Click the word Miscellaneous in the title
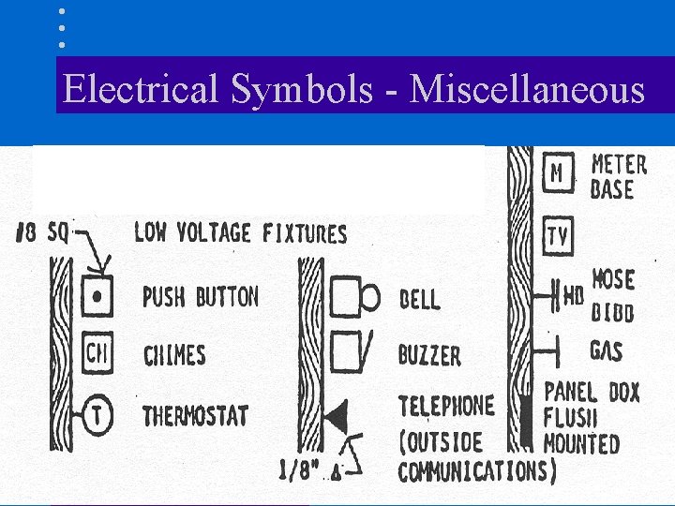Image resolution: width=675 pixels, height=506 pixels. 528,90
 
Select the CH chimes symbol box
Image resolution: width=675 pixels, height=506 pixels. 97,354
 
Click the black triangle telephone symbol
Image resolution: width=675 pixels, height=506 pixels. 334,413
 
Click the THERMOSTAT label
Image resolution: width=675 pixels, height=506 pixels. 194,414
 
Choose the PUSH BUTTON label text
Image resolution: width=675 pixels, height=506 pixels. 200,298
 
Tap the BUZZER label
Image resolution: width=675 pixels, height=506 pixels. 429,355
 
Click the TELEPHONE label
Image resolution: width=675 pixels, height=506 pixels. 445,406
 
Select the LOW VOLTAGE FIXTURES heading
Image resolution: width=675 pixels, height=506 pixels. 240,232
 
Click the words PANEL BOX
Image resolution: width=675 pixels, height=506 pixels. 592,393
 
